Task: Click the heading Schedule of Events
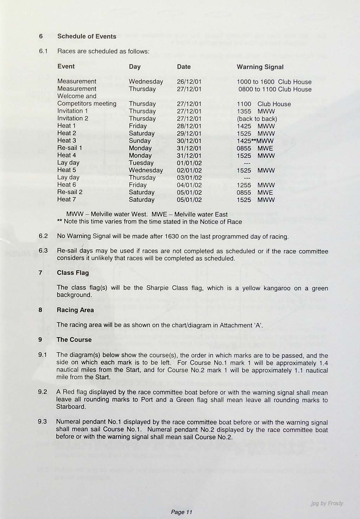click(x=86, y=36)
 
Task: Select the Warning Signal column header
click(x=260, y=67)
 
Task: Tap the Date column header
click(x=184, y=67)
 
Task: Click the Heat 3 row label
click(x=66, y=140)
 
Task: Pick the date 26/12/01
click(x=189, y=82)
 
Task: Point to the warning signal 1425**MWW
click(x=255, y=141)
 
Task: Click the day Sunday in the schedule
click(x=140, y=141)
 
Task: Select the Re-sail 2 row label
click(x=70, y=192)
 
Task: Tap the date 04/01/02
click(x=189, y=185)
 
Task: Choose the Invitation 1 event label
click(x=72, y=111)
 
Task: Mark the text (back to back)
click(x=257, y=119)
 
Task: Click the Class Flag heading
click(x=73, y=273)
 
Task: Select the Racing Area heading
click(x=75, y=310)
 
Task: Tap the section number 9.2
click(x=43, y=392)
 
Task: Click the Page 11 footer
click(x=181, y=512)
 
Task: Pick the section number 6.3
click(x=43, y=251)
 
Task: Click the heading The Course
click(x=74, y=340)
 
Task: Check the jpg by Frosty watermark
click(x=327, y=503)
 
